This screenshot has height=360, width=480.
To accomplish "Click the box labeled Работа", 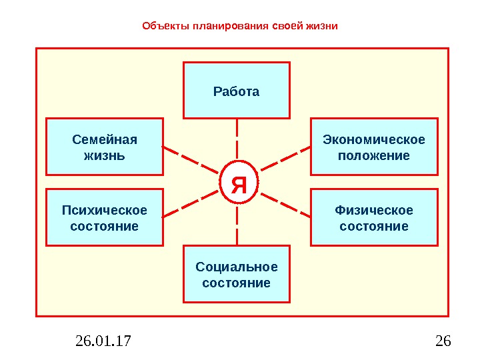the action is tap(237, 90).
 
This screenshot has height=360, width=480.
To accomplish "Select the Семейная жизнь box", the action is tap(104, 147).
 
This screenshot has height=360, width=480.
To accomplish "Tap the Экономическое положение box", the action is tap(374, 147).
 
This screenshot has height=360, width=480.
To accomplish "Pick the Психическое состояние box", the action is tap(104, 217).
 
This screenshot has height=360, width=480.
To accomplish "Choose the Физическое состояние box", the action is tap(374, 217).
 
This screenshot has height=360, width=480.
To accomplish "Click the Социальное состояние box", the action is tap(237, 274).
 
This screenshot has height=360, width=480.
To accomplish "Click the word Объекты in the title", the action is tap(165, 27).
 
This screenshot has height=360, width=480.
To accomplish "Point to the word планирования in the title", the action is tap(230, 27).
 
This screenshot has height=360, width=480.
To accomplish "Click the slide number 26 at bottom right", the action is tap(443, 342).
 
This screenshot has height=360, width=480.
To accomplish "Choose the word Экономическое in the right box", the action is tap(374, 139).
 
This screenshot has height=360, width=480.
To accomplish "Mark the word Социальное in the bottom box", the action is tap(237, 267).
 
